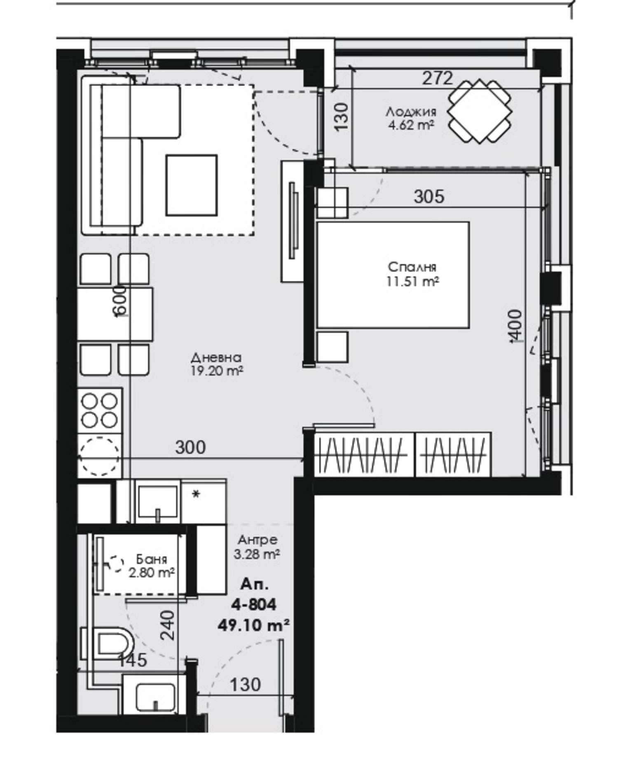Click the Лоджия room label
411,112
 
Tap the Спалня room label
412,267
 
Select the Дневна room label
216,357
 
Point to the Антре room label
258,539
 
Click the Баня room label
152,559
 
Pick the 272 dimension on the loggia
437,78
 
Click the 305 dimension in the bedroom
429,196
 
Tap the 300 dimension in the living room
190,447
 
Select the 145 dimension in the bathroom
133,660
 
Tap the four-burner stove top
100,410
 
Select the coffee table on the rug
192,185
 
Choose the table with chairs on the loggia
480,111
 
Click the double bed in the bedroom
393,275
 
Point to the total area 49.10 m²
253,625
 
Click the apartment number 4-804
253,605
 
